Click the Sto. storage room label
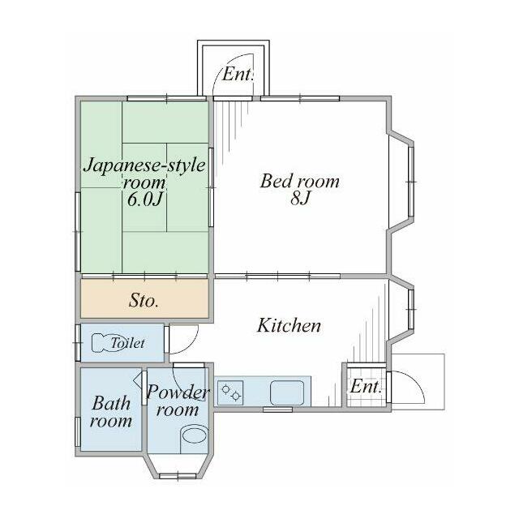tap(144, 301)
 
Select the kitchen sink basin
tap(287, 392)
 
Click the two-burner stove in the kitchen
tap(230, 392)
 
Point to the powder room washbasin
tap(195, 435)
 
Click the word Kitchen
tap(289, 325)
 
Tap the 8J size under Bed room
tap(300, 199)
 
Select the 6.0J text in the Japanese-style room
tap(146, 199)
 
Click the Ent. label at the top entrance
tap(238, 74)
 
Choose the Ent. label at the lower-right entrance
tap(366, 386)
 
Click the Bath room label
tap(111, 412)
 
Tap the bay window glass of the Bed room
tap(411, 182)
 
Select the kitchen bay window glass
tap(411, 309)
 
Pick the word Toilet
tap(128, 343)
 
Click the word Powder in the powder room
tap(178, 392)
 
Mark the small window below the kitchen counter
tap(277, 410)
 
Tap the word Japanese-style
tap(144, 165)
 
